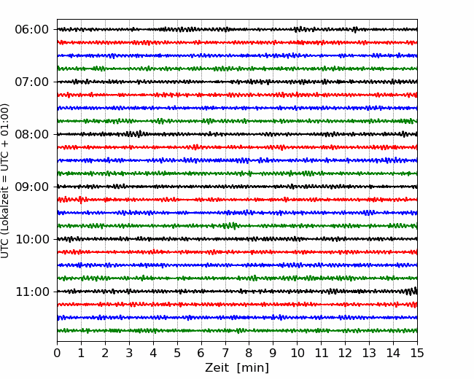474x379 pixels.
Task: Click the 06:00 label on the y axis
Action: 32,30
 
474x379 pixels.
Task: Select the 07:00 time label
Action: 32,82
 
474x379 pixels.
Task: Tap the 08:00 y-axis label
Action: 32,134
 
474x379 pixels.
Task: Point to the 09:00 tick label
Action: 32,187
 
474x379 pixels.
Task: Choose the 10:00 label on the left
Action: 32,239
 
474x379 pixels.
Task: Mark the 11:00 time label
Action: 32,292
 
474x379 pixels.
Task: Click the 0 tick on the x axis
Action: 57,353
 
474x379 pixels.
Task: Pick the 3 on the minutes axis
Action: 129,353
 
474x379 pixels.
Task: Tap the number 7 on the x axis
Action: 225,353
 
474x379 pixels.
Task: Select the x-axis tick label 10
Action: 298,353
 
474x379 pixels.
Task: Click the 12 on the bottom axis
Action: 345,353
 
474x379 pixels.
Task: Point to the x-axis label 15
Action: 417,353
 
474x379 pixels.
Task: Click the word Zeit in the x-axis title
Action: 217,367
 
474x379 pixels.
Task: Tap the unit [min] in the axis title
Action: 253,368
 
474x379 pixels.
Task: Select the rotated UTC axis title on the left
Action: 5,181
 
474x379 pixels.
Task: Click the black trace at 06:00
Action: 237,29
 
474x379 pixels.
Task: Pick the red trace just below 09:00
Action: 237,200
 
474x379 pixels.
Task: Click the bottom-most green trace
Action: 237,331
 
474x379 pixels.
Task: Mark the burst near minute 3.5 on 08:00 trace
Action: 134,133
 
